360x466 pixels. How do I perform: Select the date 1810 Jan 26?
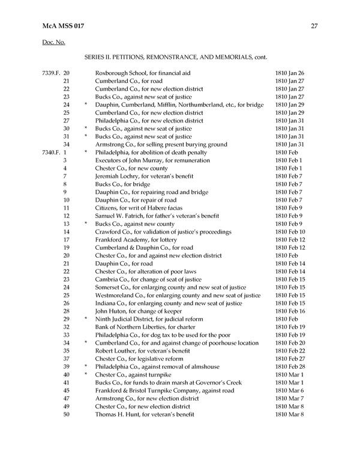(290, 73)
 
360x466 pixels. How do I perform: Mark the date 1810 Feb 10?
(290, 232)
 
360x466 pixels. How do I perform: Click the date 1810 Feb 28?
(290, 367)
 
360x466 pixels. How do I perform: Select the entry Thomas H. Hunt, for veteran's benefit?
(145, 414)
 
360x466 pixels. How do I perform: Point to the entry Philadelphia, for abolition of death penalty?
(151, 153)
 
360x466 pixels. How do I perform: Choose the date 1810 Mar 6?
(289, 391)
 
